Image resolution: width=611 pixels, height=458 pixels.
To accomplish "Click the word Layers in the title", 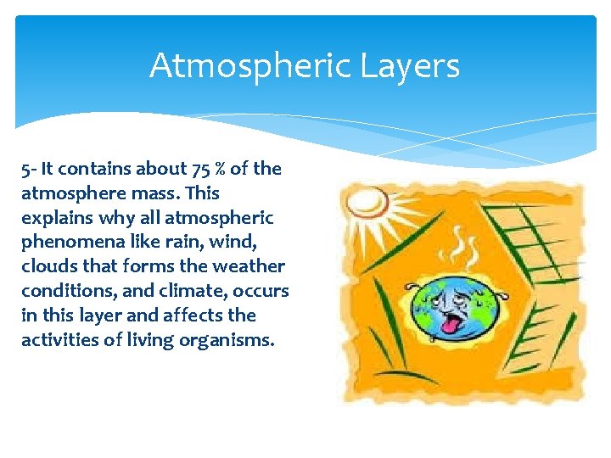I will (x=414, y=65).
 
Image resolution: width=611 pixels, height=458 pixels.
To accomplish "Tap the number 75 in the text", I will (x=195, y=169).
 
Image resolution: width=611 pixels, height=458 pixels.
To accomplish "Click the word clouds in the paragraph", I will (x=48, y=266).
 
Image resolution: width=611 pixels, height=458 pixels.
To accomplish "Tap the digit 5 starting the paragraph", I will (x=25, y=169).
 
